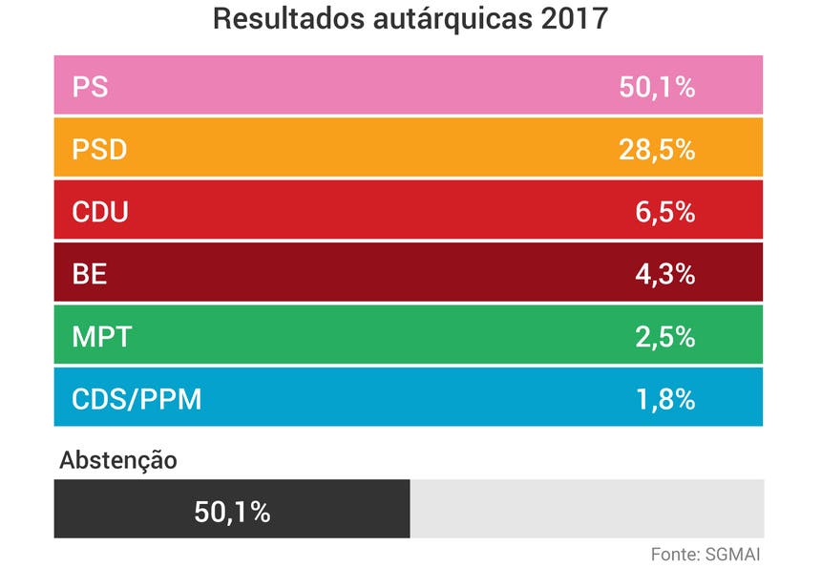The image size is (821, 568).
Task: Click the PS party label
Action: [x=90, y=88]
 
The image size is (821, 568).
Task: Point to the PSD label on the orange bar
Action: [x=99, y=150]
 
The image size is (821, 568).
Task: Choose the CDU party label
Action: [x=100, y=212]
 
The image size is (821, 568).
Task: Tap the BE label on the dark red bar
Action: [x=90, y=274]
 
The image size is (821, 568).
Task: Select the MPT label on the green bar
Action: [x=101, y=336]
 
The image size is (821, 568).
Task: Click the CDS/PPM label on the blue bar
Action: [x=137, y=398]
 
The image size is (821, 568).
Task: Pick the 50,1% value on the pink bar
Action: [x=657, y=88]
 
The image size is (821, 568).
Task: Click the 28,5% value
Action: [x=657, y=150]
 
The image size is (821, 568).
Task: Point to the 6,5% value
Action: [x=665, y=212]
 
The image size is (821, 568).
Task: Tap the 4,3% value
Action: [x=665, y=274]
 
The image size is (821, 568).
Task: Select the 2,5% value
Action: [x=665, y=336]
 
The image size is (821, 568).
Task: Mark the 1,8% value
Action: [x=665, y=398]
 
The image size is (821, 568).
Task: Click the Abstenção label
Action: [x=118, y=460]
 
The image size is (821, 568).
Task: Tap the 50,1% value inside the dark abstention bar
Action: [x=232, y=512]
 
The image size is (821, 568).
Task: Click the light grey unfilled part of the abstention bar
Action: [x=586, y=510]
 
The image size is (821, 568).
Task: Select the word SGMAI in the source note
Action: [x=733, y=554]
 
